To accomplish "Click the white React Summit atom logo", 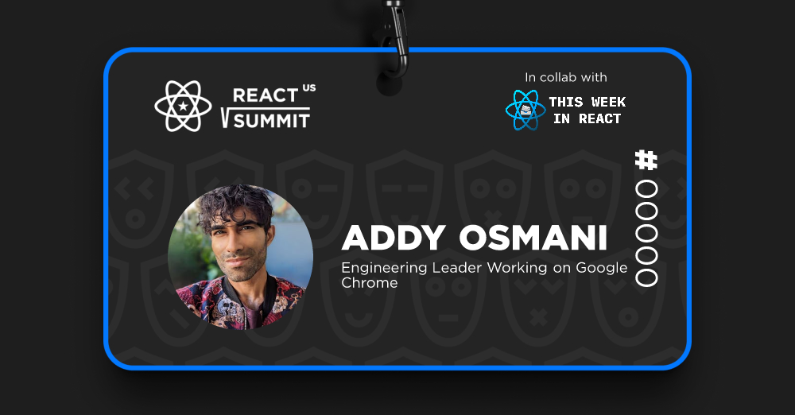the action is (183, 106).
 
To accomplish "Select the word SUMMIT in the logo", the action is (272, 121).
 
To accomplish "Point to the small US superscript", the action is (309, 87).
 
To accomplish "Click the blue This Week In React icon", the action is (525, 110).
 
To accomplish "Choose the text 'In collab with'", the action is (566, 78).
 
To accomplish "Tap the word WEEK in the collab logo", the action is (608, 102).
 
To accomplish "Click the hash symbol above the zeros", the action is (646, 160).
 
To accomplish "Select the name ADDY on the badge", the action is (394, 238).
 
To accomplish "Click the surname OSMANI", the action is (533, 238).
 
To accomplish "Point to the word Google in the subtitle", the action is (602, 269).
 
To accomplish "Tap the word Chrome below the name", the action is (370, 283).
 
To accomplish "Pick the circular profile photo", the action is (240, 257).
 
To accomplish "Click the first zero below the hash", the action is (646, 189).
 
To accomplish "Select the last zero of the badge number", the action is (646, 277).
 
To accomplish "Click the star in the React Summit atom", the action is (183, 106).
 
